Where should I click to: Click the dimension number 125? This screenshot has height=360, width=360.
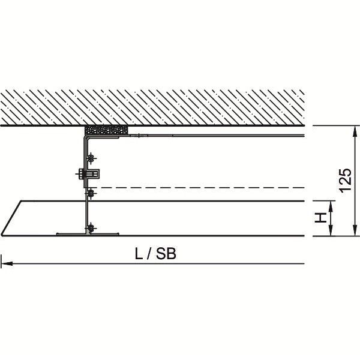tap(346, 181)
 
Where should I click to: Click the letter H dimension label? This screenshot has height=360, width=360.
tap(321, 217)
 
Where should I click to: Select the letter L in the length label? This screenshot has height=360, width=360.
tap(139, 254)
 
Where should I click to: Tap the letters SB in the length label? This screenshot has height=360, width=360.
tap(166, 254)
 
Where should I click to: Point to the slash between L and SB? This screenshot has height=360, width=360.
tap(149, 254)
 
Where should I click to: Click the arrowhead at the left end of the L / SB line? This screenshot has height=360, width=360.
tap(7, 263)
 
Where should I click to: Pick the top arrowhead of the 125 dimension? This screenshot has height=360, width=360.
tap(355, 131)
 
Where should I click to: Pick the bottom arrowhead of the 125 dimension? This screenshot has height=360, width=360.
tap(355, 230)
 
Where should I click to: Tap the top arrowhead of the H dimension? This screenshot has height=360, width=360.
tap(331, 206)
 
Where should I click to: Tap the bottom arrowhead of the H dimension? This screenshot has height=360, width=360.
tap(331, 230)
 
